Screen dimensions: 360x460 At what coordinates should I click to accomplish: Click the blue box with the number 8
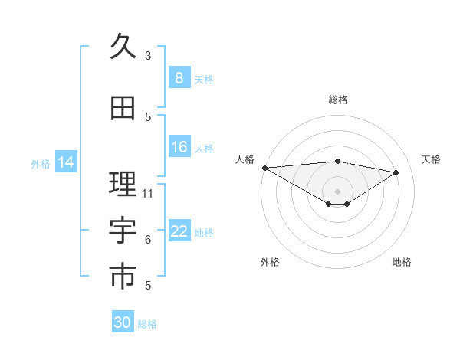click(179, 78)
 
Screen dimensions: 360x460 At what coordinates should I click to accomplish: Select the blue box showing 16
click(179, 147)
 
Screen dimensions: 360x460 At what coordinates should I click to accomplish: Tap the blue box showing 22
click(179, 231)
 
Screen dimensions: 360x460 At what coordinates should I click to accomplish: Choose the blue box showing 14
click(66, 162)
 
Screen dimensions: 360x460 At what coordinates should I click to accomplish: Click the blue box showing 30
click(123, 322)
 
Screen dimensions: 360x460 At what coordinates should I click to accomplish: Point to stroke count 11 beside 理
click(148, 193)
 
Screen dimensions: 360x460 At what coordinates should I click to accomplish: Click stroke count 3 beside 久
click(148, 56)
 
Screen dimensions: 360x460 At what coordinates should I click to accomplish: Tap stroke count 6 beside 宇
click(148, 240)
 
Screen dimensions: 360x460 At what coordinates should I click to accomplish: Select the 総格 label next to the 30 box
click(148, 324)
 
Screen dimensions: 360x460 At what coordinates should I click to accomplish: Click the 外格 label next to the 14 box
click(41, 163)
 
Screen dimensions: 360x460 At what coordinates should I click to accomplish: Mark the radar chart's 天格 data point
click(396, 172)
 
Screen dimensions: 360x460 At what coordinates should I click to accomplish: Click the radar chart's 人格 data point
click(264, 167)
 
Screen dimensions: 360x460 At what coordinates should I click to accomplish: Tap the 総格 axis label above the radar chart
click(337, 100)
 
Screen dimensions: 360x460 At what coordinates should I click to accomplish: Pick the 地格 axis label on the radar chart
click(402, 262)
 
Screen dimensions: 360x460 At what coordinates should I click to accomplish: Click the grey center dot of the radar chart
click(337, 190)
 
